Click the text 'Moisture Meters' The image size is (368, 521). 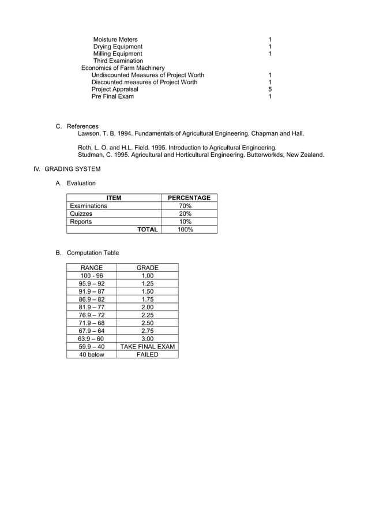coord(115,39)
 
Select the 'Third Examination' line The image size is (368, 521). coord(118,61)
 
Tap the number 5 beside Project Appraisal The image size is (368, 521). coord(270,89)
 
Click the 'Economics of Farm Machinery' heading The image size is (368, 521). coord(123,68)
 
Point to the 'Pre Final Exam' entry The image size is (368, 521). coord(112,96)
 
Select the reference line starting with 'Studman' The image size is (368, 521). coord(201,155)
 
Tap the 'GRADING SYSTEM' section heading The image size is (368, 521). coord(72,169)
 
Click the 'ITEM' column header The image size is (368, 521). coord(114,198)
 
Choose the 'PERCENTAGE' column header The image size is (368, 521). coord(189,198)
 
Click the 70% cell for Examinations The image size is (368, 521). coord(185,206)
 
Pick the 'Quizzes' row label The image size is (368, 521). coord(81,213)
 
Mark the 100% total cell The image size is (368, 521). coord(185,230)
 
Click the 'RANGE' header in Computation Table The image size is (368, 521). coord(92,268)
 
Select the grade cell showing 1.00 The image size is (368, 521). coord(147,276)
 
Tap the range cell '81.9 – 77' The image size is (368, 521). coord(92,308)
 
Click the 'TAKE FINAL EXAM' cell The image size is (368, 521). coord(147,347)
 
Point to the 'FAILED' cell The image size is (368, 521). coord(147,355)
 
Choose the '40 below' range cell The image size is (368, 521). coord(92,355)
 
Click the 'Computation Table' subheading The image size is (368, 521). coord(93,253)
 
